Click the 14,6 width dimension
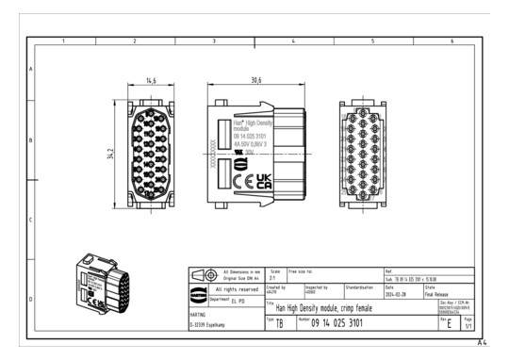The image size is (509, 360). (151, 81)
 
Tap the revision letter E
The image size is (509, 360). (450, 323)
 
